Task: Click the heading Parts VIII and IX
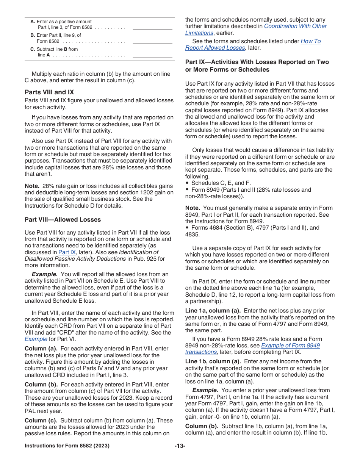49,92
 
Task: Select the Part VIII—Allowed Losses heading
63,220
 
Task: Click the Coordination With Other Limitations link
295,27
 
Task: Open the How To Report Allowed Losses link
310,41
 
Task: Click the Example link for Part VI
36,339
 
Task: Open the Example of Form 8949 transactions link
290,346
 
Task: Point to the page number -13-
180,446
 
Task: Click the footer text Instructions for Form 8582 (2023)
67,446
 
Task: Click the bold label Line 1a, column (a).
213,311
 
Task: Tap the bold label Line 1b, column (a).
213,361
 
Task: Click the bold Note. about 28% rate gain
32,186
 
